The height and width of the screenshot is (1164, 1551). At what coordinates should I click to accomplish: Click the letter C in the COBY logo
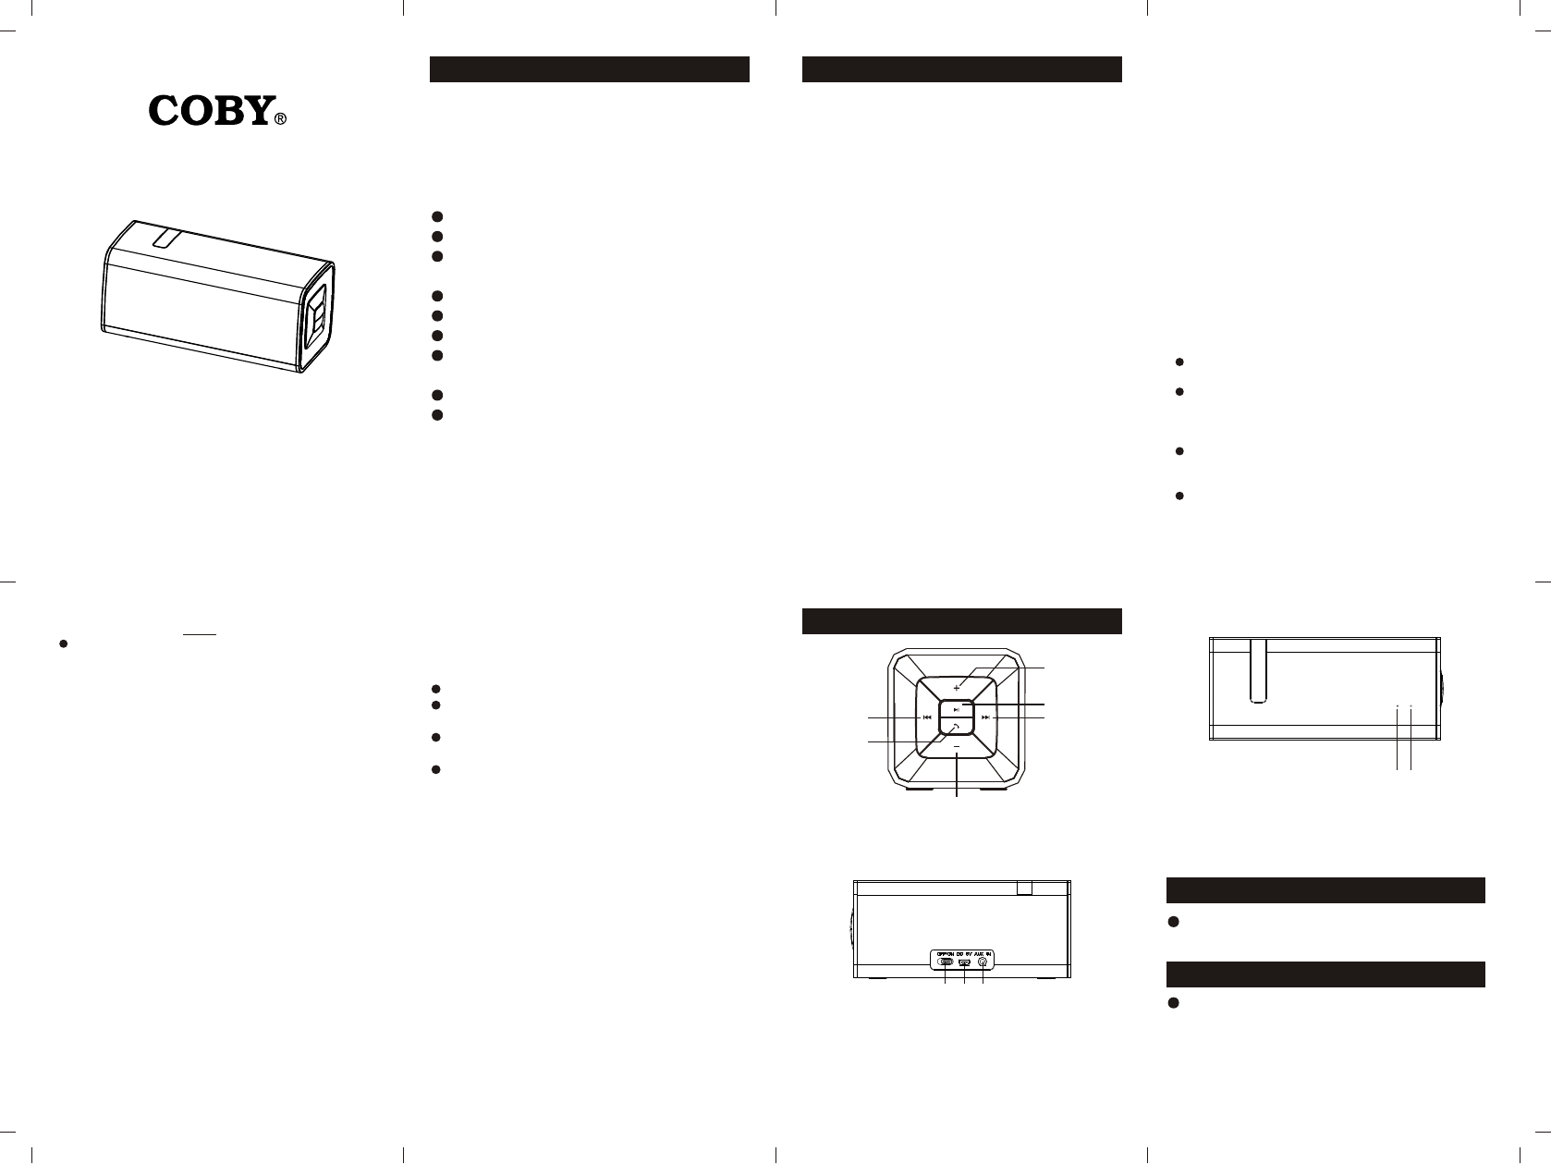167,112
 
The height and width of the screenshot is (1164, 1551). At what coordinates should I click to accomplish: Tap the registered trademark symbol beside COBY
281,118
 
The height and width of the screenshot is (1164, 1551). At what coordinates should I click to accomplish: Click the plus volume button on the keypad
957,688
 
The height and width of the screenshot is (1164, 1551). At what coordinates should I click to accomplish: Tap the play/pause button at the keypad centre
957,709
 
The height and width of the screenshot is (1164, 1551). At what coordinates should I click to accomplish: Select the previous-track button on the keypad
925,717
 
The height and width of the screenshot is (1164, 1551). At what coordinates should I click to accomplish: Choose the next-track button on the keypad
986,717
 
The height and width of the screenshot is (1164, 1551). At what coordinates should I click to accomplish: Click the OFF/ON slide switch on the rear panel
946,963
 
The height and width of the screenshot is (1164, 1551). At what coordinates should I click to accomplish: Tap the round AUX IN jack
983,963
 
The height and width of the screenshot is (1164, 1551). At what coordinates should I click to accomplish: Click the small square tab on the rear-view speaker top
1024,888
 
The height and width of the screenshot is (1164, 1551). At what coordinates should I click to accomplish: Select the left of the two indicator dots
1398,706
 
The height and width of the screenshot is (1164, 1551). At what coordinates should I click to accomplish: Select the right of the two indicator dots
1411,706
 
